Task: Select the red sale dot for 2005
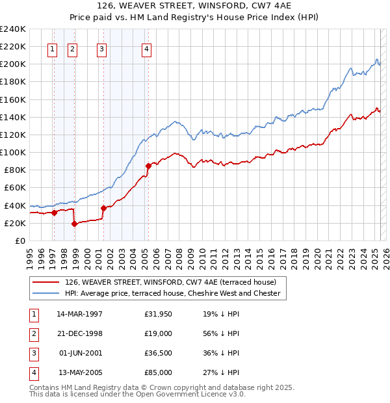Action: click(148, 166)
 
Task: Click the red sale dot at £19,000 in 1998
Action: click(74, 224)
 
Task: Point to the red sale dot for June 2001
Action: click(103, 208)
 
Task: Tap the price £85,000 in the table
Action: click(159, 372)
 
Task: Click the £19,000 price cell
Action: click(159, 333)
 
